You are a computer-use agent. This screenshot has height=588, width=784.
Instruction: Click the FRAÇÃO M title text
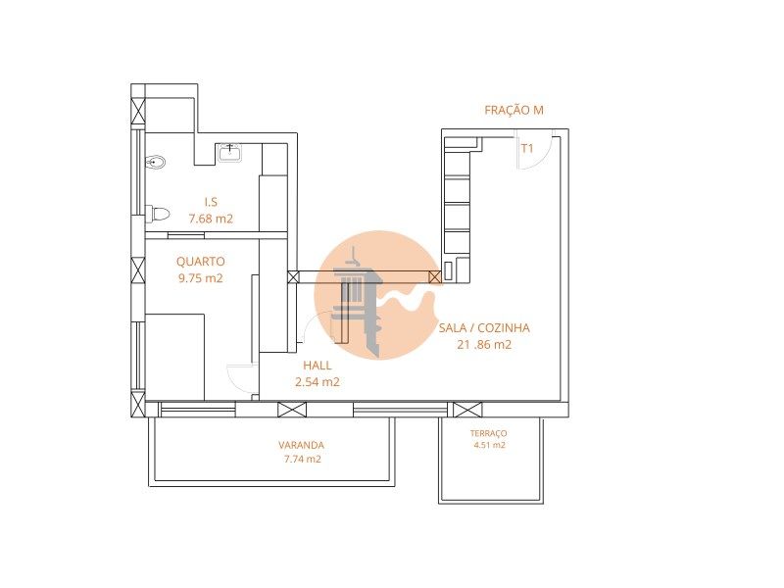pyautogui.click(x=514, y=110)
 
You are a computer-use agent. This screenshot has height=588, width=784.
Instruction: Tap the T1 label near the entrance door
pyautogui.click(x=527, y=148)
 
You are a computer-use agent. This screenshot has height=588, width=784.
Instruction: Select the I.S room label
pyautogui.click(x=211, y=202)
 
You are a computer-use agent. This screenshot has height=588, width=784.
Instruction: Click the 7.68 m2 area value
pyautogui.click(x=211, y=219)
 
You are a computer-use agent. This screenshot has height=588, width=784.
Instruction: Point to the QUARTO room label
pyautogui.click(x=201, y=262)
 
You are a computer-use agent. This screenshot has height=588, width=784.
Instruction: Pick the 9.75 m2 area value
pyautogui.click(x=201, y=278)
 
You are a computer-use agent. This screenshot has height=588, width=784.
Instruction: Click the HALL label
pyautogui.click(x=317, y=366)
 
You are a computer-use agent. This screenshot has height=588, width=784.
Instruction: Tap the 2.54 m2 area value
pyautogui.click(x=317, y=382)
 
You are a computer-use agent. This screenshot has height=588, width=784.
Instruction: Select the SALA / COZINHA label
pyautogui.click(x=484, y=328)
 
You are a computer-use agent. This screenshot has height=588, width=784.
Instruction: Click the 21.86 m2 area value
pyautogui.click(x=484, y=345)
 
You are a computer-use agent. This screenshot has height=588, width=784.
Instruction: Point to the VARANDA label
pyautogui.click(x=301, y=445)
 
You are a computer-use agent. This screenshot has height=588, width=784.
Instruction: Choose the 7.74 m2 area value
pyautogui.click(x=302, y=459)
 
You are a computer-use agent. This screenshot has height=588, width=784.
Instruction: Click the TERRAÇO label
pyautogui.click(x=488, y=433)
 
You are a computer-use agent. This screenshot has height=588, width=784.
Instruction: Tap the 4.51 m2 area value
pyautogui.click(x=489, y=445)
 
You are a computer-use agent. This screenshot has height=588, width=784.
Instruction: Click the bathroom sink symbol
pyautogui.click(x=230, y=153)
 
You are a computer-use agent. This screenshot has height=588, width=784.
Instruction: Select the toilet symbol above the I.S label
pyautogui.click(x=156, y=162)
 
